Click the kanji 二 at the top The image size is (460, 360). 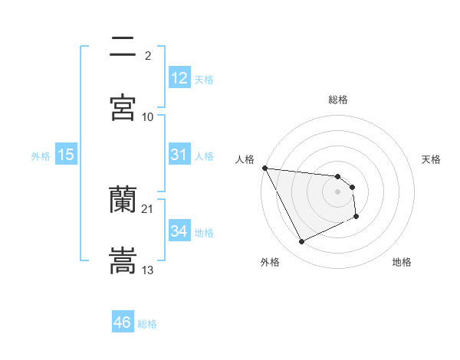point(123,47)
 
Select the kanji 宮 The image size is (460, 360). point(123,108)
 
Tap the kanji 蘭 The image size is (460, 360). point(123,201)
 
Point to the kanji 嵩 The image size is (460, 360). point(123,260)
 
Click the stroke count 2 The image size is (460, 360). point(148,55)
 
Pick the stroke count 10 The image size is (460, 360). point(148,116)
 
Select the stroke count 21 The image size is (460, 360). point(148,208)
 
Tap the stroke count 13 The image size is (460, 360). point(148,270)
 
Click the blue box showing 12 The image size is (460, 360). point(179,78)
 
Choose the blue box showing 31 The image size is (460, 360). point(179,155)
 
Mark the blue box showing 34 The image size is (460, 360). point(179,231)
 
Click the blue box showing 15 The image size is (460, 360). point(66,155)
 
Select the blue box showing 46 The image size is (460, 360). point(123,322)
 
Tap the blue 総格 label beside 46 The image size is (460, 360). point(147,324)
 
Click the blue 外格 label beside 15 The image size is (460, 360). point(41,156)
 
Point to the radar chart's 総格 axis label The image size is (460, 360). point(338,100)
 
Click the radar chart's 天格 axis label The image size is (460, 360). point(432,159)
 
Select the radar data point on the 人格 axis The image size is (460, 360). point(264,168)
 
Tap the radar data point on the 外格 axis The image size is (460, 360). point(301,242)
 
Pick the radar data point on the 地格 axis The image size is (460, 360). point(356,218)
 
